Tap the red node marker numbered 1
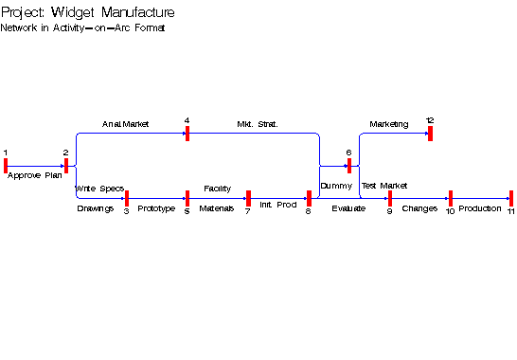[6, 166]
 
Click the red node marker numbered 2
[66, 166]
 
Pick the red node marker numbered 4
[187, 134]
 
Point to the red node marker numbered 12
[430, 134]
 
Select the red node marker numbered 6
[349, 166]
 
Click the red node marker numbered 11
[511, 198]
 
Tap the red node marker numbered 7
[248, 198]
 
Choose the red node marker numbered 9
[389, 198]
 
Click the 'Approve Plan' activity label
[35, 175]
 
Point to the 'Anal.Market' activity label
[126, 124]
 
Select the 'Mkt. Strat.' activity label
[258, 124]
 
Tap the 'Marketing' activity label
[389, 124]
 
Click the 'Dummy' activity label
[336, 186]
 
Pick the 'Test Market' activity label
[384, 186]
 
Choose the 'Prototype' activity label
[156, 208]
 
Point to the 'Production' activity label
[480, 208]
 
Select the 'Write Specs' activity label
[99, 189]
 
